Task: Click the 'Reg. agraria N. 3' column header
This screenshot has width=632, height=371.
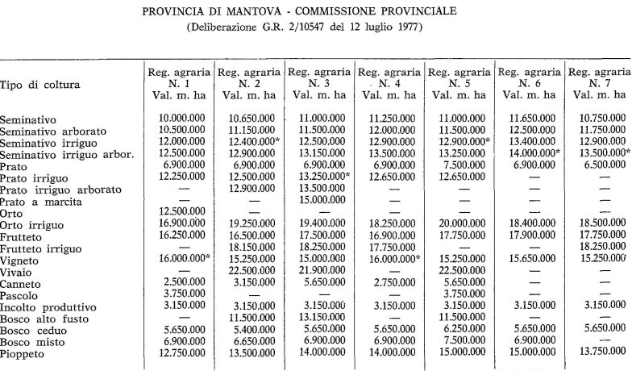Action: click(320, 83)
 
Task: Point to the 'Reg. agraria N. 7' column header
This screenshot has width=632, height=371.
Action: click(599, 83)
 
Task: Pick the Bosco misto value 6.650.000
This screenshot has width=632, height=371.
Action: click(247, 342)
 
